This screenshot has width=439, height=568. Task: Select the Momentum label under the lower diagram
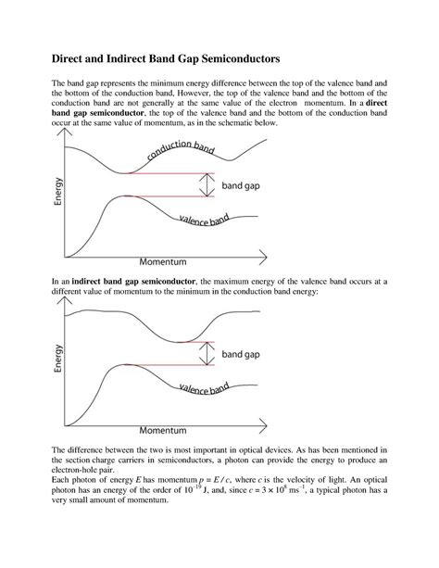tap(162, 431)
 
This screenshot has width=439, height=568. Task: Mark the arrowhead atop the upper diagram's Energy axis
tap(64, 135)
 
